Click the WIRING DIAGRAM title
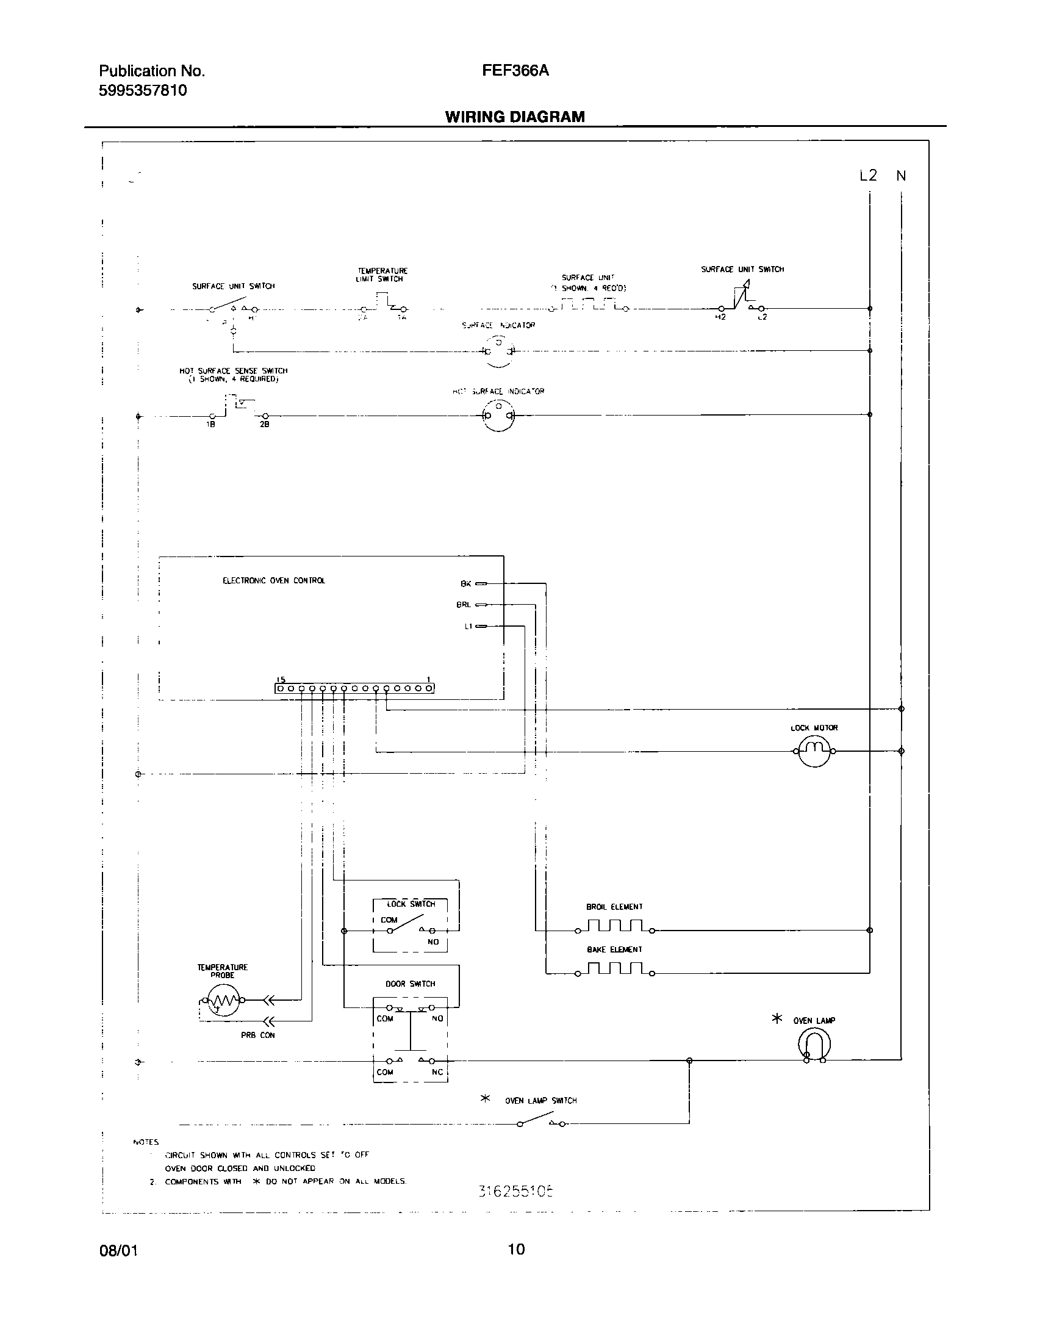[515, 117]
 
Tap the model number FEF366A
[515, 71]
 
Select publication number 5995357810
[143, 91]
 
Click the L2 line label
[868, 176]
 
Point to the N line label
[901, 176]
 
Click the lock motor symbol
[814, 751]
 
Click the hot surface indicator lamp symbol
[498, 416]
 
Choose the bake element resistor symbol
[614, 969]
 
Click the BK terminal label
[465, 584]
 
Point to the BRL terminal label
[464, 605]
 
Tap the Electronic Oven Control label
[274, 581]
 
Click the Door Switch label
[410, 984]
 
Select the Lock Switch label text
[411, 904]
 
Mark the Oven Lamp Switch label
[540, 1101]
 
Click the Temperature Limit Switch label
[382, 275]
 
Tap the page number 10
[516, 1266]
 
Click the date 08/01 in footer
[118, 1267]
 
